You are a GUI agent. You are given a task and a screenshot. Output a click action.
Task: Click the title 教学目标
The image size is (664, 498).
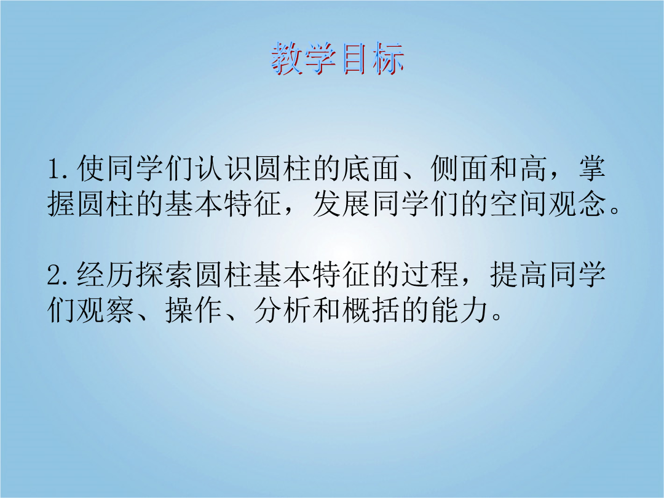(x=338, y=58)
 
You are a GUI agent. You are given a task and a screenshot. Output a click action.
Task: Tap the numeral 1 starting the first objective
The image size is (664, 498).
(x=55, y=168)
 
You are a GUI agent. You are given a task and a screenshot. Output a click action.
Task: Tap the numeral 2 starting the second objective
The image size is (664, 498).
(x=55, y=275)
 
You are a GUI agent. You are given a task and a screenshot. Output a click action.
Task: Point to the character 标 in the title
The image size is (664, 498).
(x=389, y=58)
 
